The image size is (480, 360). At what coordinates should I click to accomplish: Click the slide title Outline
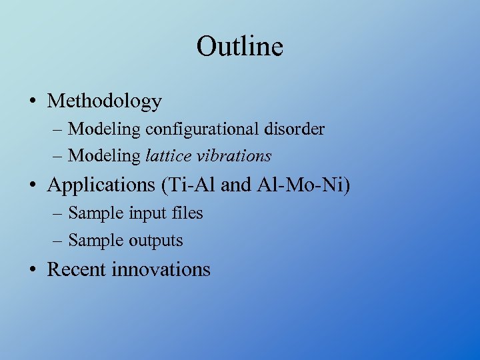point(239,47)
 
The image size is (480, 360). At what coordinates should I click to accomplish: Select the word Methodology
point(105,101)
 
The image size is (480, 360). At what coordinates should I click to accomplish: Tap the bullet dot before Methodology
point(33,101)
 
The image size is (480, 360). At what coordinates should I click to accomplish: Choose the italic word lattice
point(167,156)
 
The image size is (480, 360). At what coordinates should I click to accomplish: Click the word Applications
point(101,185)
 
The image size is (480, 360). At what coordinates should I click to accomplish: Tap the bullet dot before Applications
point(33,185)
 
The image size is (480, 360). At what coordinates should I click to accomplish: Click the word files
point(187,213)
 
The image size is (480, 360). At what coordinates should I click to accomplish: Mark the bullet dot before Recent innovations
point(33,270)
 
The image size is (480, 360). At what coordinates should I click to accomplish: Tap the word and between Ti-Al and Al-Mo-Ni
point(235,185)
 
